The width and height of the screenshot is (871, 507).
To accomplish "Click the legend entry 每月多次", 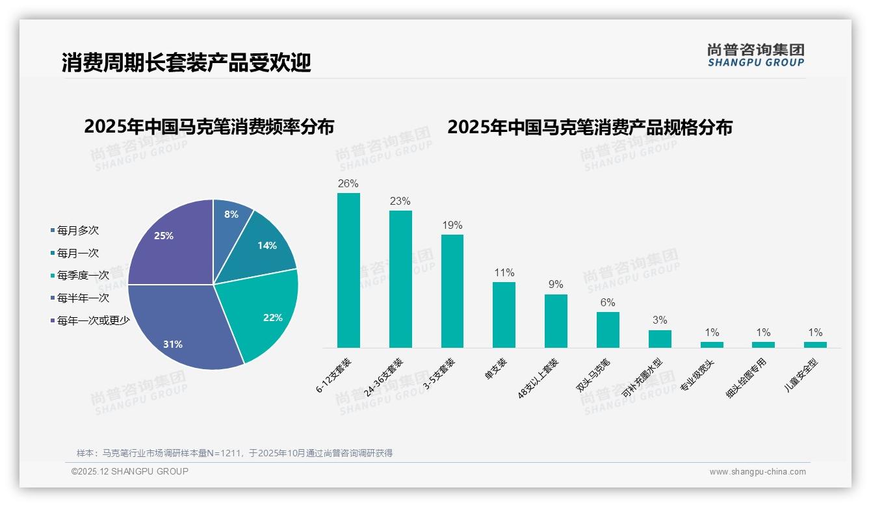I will [77, 231].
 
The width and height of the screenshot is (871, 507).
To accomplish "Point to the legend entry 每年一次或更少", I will [93, 320].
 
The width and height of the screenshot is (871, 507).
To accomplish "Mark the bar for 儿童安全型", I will [815, 344].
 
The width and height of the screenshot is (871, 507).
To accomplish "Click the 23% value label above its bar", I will [400, 201].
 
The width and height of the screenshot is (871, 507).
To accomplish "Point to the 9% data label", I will [556, 285].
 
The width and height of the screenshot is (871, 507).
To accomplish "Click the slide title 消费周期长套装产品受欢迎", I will [187, 62].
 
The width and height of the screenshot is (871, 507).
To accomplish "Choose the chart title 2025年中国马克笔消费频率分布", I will [209, 127].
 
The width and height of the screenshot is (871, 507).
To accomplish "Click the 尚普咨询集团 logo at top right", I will [755, 55].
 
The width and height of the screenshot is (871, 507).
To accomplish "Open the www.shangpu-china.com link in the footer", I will [757, 472].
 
